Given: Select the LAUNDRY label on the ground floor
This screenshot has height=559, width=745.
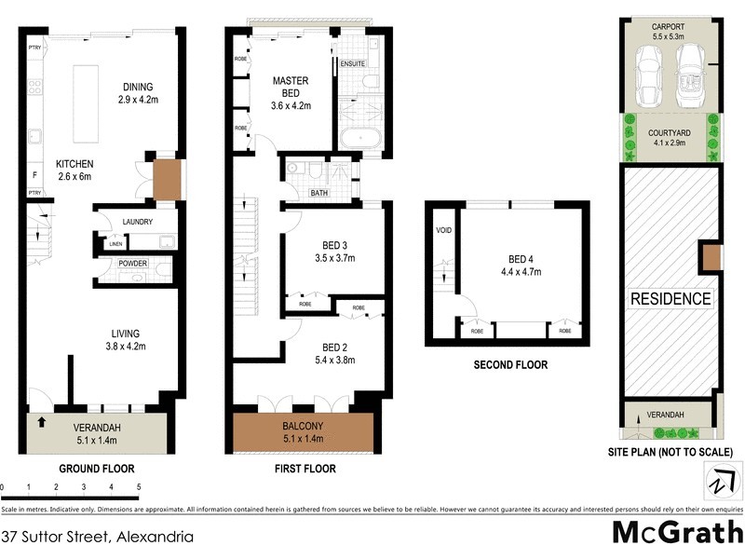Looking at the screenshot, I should coord(137,222).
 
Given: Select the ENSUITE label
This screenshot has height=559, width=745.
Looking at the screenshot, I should coord(353,64).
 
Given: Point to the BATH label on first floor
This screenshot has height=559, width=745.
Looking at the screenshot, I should coord(319,194).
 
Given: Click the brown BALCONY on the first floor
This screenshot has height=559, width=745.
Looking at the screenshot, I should coord(304,432).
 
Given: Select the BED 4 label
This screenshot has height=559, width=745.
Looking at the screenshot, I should coord(524,266).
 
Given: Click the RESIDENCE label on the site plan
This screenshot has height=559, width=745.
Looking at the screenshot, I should coord(670,299).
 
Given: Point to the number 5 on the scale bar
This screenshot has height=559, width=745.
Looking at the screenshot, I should coord(139,486).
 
